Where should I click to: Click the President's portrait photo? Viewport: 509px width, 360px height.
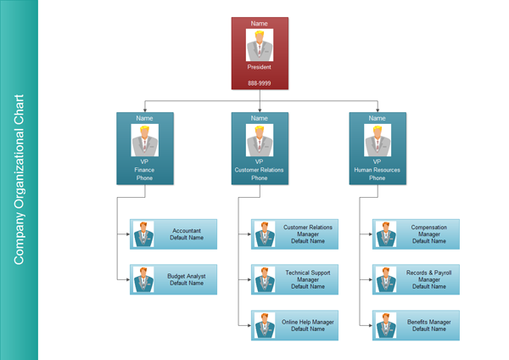260,45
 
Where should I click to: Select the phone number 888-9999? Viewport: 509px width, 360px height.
260,83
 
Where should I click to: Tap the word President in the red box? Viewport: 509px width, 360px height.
260,67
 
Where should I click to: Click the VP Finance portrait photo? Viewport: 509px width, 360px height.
144,141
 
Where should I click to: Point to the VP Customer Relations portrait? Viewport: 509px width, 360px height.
260,141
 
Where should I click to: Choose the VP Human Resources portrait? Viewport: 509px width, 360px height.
377,141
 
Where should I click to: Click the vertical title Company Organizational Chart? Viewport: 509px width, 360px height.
19,179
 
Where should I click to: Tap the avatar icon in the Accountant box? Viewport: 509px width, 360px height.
143,234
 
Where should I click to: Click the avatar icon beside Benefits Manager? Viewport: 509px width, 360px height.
385,326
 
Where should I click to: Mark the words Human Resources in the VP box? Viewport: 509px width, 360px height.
377,170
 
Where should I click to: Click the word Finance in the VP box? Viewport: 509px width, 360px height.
144,170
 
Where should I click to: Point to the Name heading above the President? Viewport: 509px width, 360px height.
260,23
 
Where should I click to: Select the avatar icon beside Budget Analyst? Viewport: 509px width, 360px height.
143,279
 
